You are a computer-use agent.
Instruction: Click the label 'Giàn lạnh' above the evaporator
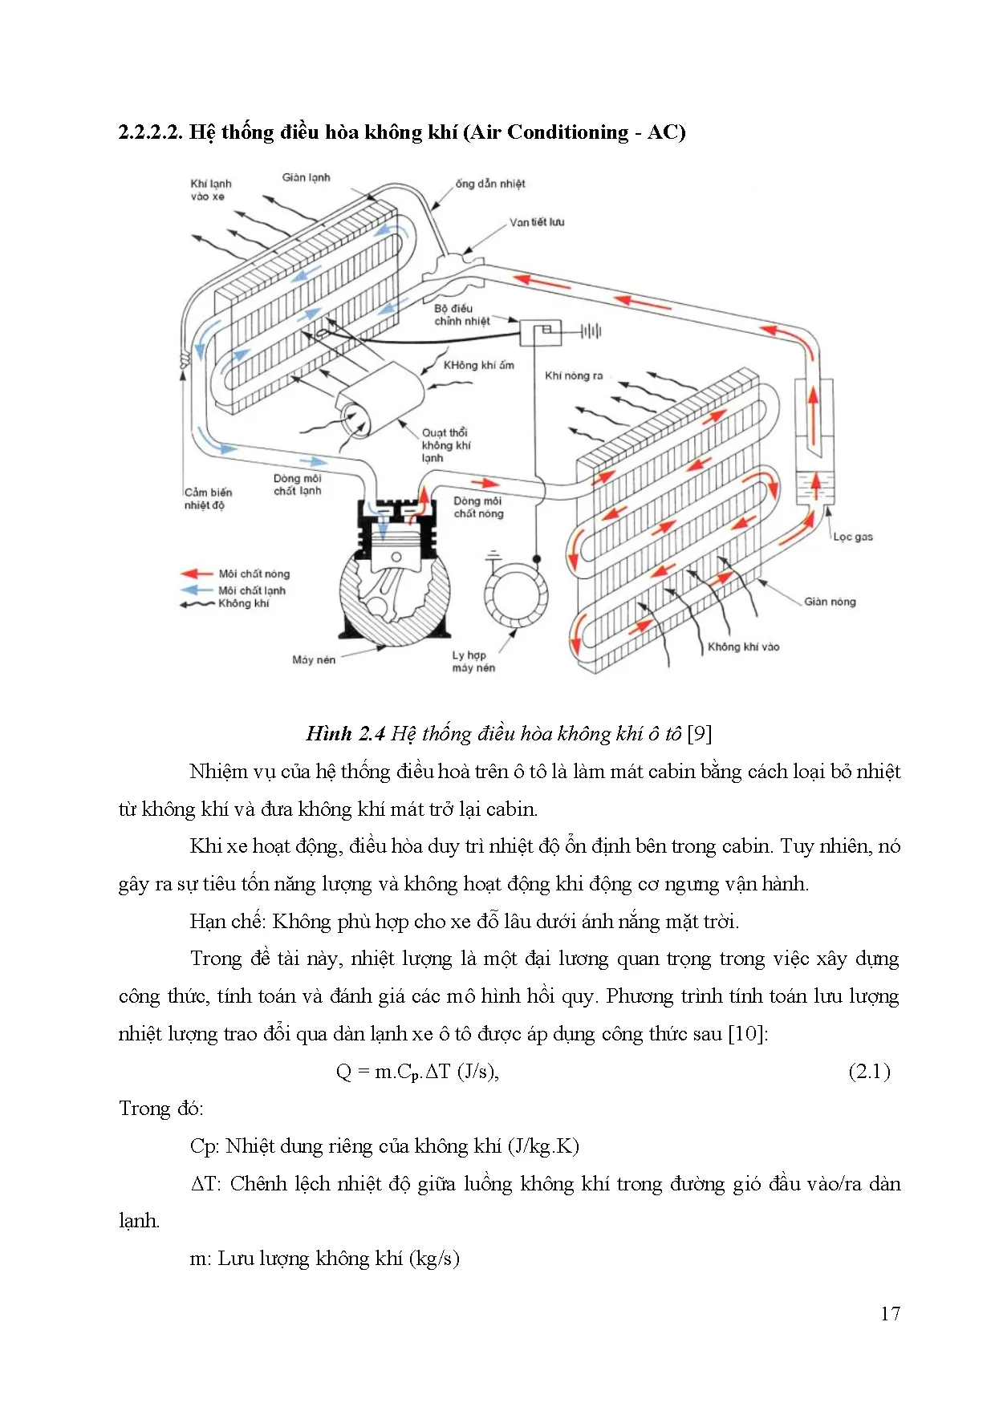[306, 177]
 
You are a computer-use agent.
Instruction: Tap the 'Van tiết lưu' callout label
[537, 222]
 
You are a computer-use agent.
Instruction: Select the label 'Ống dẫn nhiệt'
[489, 184]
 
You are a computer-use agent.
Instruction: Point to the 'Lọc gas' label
[852, 537]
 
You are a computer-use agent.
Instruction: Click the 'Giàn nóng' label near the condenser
[830, 602]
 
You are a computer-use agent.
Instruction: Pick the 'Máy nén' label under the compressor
[314, 659]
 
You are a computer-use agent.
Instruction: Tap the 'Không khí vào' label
[743, 647]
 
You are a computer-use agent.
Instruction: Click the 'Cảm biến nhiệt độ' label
[208, 498]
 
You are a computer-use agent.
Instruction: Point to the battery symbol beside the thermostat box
[591, 330]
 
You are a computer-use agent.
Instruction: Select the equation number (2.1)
[869, 1071]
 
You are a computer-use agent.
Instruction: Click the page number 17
[890, 1313]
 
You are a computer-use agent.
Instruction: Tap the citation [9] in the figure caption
[700, 733]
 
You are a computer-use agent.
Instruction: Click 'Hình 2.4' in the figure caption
[346, 733]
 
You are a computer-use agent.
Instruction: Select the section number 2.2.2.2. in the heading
[151, 132]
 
